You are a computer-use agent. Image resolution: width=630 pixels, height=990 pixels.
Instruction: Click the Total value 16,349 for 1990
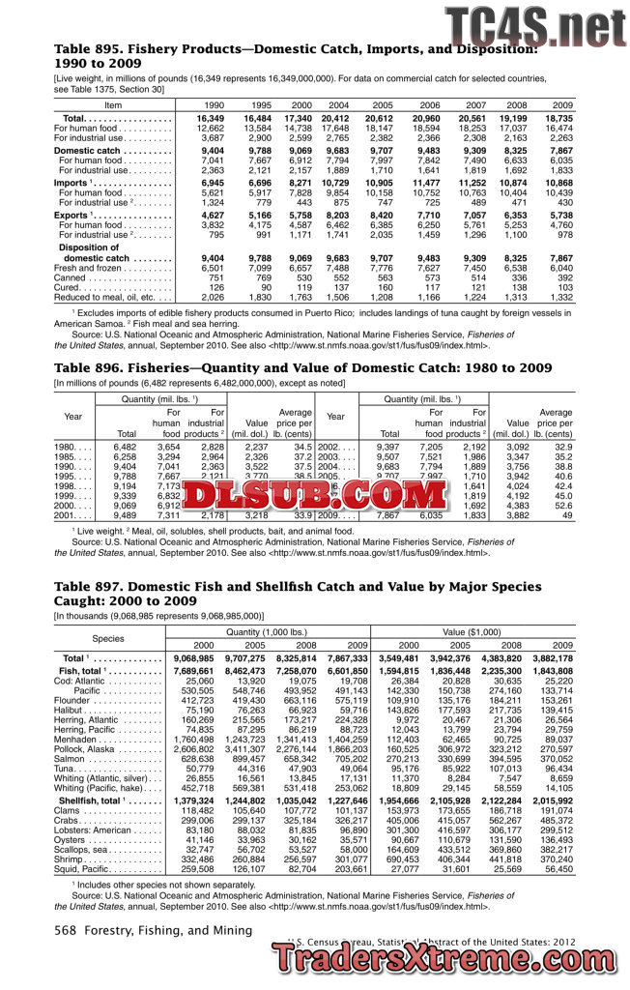[210, 118]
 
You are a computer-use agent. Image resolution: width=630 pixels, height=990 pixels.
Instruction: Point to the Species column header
[108, 637]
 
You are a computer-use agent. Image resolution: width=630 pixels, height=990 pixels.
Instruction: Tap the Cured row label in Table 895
[68, 286]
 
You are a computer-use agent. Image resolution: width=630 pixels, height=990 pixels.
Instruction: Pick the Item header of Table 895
[113, 104]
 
